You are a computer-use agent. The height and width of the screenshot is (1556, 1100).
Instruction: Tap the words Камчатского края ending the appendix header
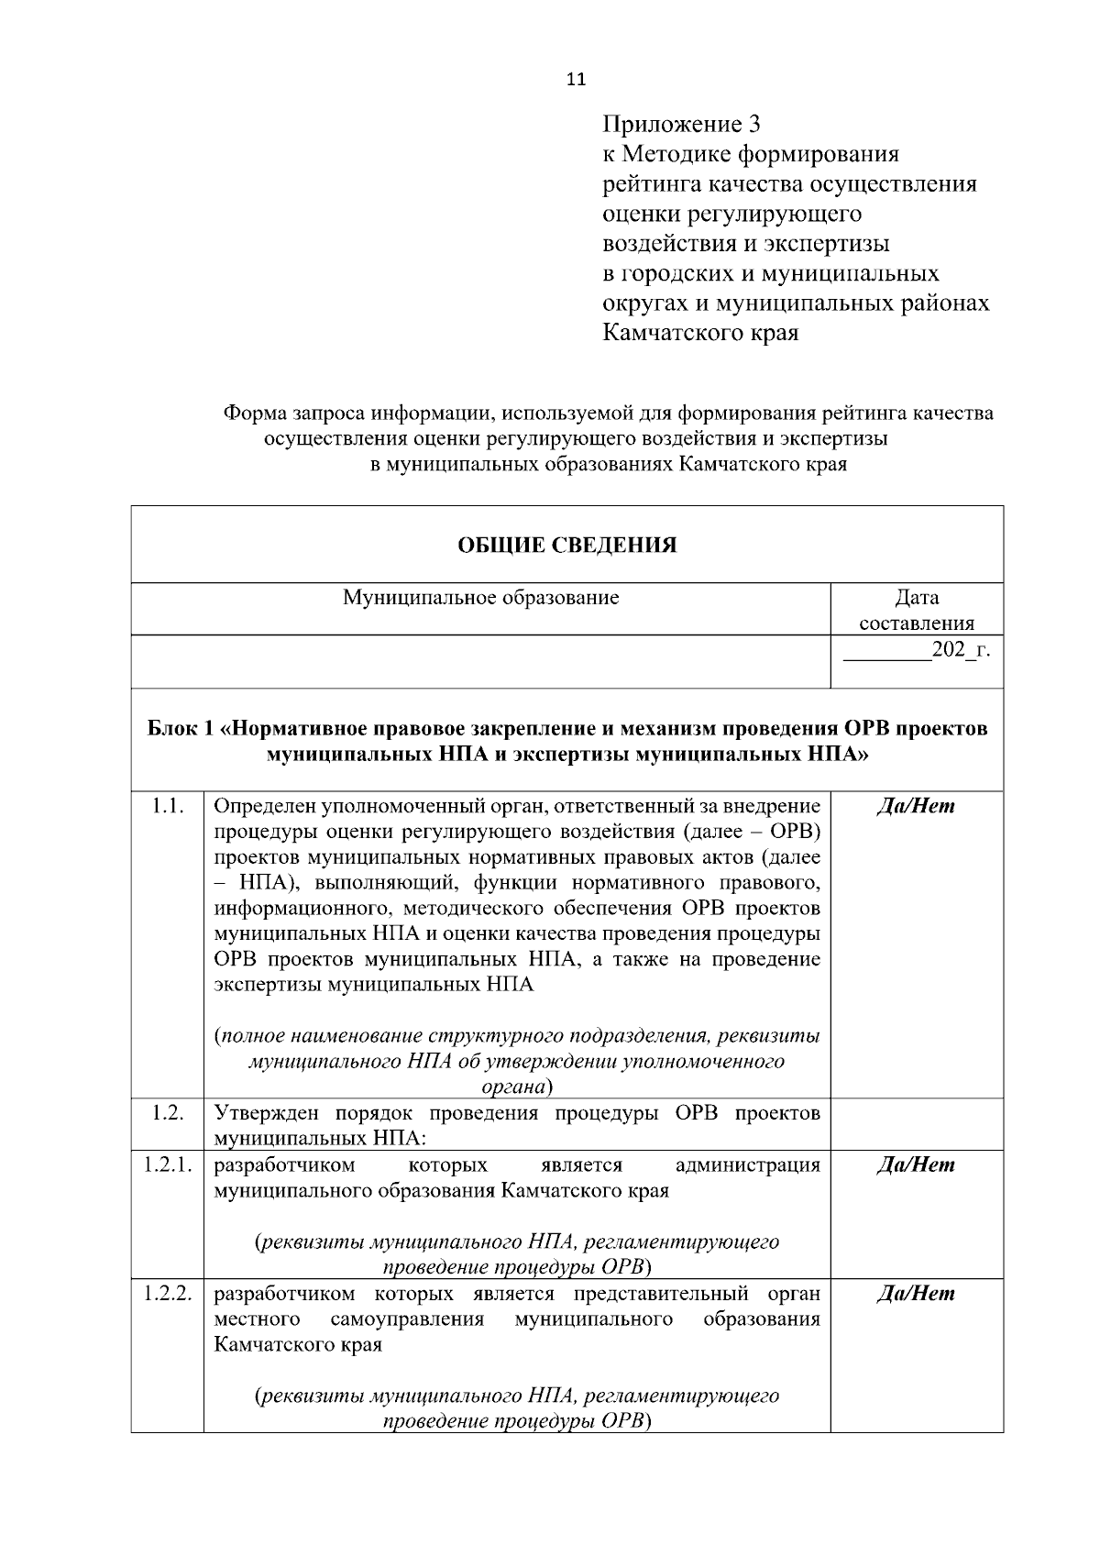click(x=700, y=333)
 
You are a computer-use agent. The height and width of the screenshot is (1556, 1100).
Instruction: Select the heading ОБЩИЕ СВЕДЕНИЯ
click(x=567, y=546)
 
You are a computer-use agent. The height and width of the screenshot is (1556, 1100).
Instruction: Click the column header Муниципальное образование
click(x=480, y=598)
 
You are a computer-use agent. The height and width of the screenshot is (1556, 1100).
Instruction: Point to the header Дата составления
click(x=916, y=610)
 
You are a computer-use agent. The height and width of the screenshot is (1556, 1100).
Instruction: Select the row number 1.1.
click(x=167, y=806)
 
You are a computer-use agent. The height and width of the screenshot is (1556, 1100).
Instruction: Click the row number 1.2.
click(x=167, y=1113)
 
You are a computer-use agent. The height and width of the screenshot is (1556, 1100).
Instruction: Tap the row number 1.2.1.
click(x=167, y=1164)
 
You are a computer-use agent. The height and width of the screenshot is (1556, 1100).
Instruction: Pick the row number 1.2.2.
click(x=167, y=1293)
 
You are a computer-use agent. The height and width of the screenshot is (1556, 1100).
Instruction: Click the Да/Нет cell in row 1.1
click(x=916, y=806)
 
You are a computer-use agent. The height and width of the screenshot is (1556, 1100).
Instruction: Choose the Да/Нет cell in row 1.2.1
click(x=916, y=1164)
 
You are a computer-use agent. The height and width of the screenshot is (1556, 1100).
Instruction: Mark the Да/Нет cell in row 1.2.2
click(x=916, y=1293)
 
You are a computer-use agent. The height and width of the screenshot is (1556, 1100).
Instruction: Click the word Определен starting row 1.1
click(x=259, y=806)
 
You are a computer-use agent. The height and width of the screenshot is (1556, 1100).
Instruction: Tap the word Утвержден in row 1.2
click(x=262, y=1113)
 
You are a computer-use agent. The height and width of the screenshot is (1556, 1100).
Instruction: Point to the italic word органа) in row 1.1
click(x=517, y=1087)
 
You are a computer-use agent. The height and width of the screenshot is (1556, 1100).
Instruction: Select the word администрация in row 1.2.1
click(x=747, y=1164)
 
